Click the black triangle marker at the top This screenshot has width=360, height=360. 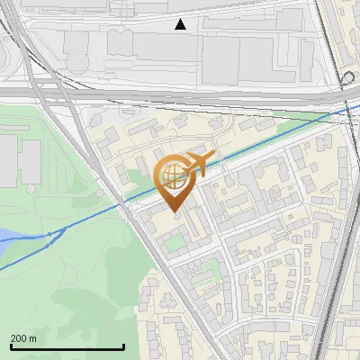click(x=181, y=24)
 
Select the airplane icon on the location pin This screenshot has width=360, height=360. click(x=197, y=163)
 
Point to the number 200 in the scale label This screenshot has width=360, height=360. click(x=18, y=338)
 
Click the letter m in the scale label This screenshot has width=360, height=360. click(x=32, y=338)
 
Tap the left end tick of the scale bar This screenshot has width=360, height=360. click(x=10, y=346)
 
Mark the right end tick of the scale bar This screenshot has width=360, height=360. click(x=123, y=346)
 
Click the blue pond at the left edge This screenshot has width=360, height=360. click(x=5, y=237)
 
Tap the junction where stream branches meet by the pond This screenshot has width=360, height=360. click(x=50, y=233)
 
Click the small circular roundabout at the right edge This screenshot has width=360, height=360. click(x=348, y=77)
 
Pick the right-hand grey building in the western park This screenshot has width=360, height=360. click(x=31, y=162)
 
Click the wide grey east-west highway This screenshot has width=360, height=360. click(x=180, y=92)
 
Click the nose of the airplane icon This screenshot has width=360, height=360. click(x=214, y=158)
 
